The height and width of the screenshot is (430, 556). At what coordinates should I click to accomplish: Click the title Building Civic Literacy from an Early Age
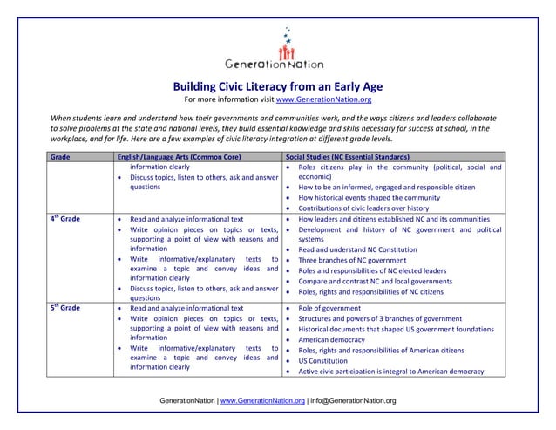(x=278, y=87)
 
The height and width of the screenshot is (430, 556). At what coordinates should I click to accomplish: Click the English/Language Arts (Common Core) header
(x=179, y=156)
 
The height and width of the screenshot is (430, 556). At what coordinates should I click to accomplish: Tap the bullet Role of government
(x=330, y=308)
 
